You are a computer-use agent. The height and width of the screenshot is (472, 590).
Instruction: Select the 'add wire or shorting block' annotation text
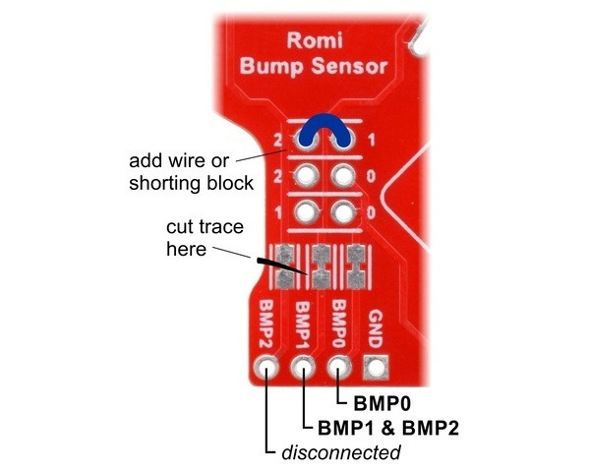(192, 170)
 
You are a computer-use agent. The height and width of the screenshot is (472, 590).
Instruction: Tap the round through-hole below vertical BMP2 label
(265, 370)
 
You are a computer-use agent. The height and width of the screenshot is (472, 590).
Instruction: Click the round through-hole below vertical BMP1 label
(303, 370)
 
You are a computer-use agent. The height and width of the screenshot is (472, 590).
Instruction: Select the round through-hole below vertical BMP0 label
(338, 370)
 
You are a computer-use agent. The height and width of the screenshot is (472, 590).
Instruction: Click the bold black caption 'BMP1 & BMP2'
(385, 428)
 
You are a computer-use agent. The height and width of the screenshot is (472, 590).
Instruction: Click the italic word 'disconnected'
(341, 452)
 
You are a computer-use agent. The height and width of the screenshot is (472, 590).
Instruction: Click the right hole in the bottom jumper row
(342, 211)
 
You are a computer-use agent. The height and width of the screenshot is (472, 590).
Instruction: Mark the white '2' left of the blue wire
(280, 141)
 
